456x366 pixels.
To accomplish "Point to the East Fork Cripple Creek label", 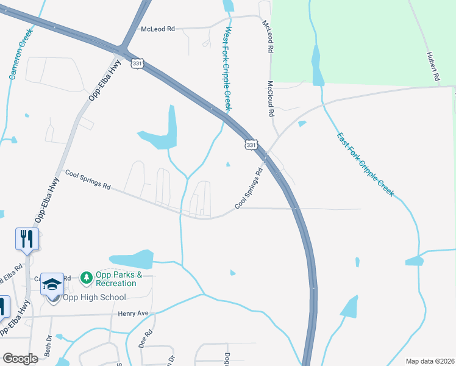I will pos(366,164).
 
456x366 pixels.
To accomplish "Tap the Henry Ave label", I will pos(133,314).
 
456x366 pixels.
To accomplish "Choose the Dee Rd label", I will pos(147,338).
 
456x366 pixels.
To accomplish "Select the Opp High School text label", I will pos(93,298).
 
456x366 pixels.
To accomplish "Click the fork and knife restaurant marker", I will pos(27,239).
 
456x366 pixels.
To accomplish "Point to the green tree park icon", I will pos(87,278).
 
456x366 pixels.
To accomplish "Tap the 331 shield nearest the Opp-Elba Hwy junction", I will pos(137,63).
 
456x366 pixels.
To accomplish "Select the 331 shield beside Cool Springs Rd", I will pos(251,145).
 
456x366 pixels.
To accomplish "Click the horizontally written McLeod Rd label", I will pos(157,29).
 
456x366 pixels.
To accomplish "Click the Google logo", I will pos(20,359).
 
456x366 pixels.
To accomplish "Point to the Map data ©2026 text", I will pos(429,361).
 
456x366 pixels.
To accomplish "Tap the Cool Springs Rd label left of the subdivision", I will pos(88,180).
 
